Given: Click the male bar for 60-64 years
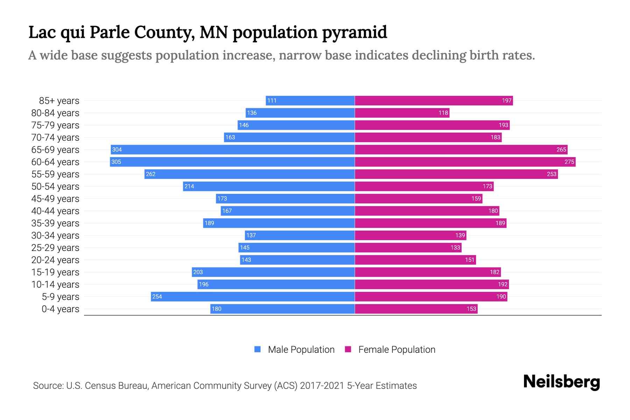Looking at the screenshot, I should (232, 162).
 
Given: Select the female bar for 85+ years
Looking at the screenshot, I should (434, 100).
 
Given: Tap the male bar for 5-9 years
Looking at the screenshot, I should (253, 296).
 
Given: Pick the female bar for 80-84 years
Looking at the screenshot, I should (402, 113).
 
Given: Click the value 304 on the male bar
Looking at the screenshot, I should (117, 149).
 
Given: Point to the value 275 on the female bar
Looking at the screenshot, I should (569, 162).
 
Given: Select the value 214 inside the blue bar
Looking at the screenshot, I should (189, 186).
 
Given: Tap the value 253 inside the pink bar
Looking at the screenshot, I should (552, 174).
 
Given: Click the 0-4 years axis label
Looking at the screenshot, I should (60, 309).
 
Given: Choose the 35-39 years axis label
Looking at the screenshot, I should (55, 223).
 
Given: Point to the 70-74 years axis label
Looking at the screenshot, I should (55, 137).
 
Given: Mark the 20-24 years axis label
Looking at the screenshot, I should (55, 260).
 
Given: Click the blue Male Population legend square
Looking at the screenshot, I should (258, 349).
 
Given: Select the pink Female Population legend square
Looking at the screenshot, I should (348, 349).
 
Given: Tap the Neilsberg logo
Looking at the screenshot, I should (561, 382).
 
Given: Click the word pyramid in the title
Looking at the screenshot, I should (354, 33).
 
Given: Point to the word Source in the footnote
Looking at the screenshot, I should (48, 386).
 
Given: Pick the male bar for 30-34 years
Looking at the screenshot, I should (300, 235).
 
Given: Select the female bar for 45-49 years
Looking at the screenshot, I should (419, 198).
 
